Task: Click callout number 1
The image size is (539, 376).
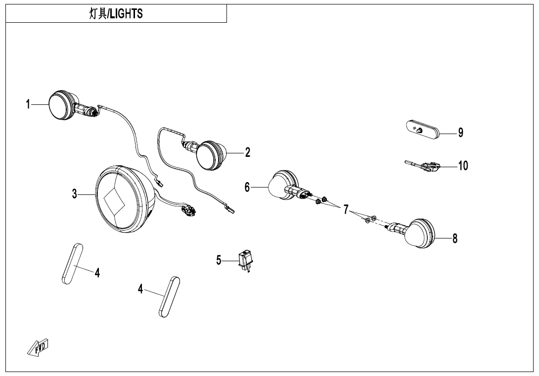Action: [28, 104]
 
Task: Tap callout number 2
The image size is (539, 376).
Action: [248, 152]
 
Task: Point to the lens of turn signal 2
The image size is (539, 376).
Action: [208, 155]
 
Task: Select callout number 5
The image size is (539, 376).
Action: [219, 260]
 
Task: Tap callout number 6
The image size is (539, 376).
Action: [247, 187]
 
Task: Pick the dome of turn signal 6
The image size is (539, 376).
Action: [278, 187]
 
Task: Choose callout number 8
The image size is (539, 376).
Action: [455, 238]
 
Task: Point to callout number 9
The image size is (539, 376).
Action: [460, 133]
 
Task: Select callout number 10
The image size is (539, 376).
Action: [463, 165]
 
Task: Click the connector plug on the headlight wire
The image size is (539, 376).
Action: [188, 211]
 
